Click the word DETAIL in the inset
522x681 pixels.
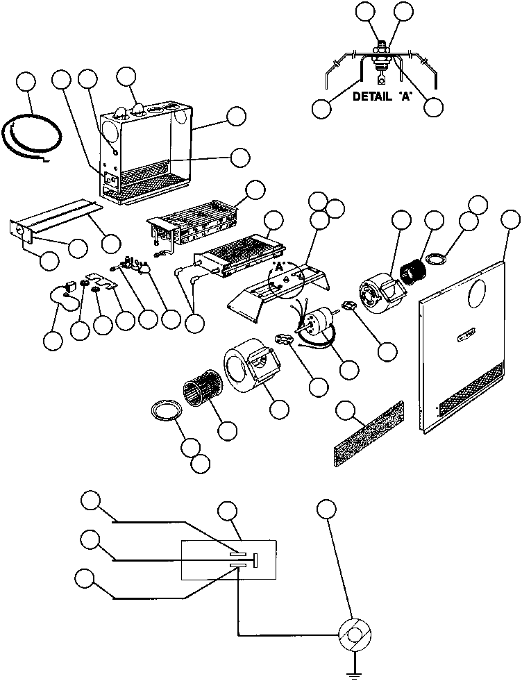click(x=373, y=97)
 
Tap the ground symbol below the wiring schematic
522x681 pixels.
click(x=354, y=670)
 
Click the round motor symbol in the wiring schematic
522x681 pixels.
click(x=354, y=634)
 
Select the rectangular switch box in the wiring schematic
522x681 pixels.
click(x=229, y=560)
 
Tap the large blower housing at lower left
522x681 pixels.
click(x=251, y=364)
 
